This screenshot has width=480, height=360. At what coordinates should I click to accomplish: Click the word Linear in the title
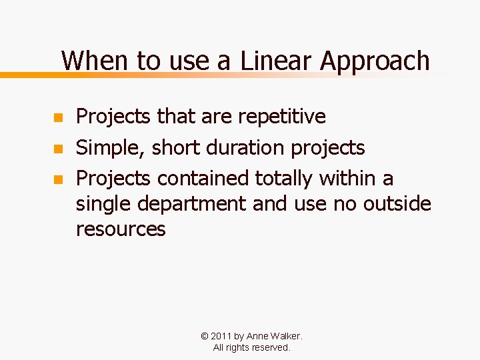(x=277, y=61)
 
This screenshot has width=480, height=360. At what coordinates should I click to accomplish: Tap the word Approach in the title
(x=375, y=61)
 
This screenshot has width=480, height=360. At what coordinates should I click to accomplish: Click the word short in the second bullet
(x=177, y=148)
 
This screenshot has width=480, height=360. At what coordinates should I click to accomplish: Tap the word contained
(x=203, y=179)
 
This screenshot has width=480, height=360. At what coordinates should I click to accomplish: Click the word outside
(x=397, y=203)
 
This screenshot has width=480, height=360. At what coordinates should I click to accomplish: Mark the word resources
(x=121, y=229)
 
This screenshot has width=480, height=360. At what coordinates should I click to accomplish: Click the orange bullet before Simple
(x=57, y=149)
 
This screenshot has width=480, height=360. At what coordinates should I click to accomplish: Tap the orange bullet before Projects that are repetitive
(x=57, y=118)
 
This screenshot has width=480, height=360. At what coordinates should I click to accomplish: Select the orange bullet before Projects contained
(x=57, y=179)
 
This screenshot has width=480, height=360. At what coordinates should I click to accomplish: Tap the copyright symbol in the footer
(x=203, y=336)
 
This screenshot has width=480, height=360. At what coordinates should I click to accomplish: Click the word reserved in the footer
(x=270, y=347)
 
